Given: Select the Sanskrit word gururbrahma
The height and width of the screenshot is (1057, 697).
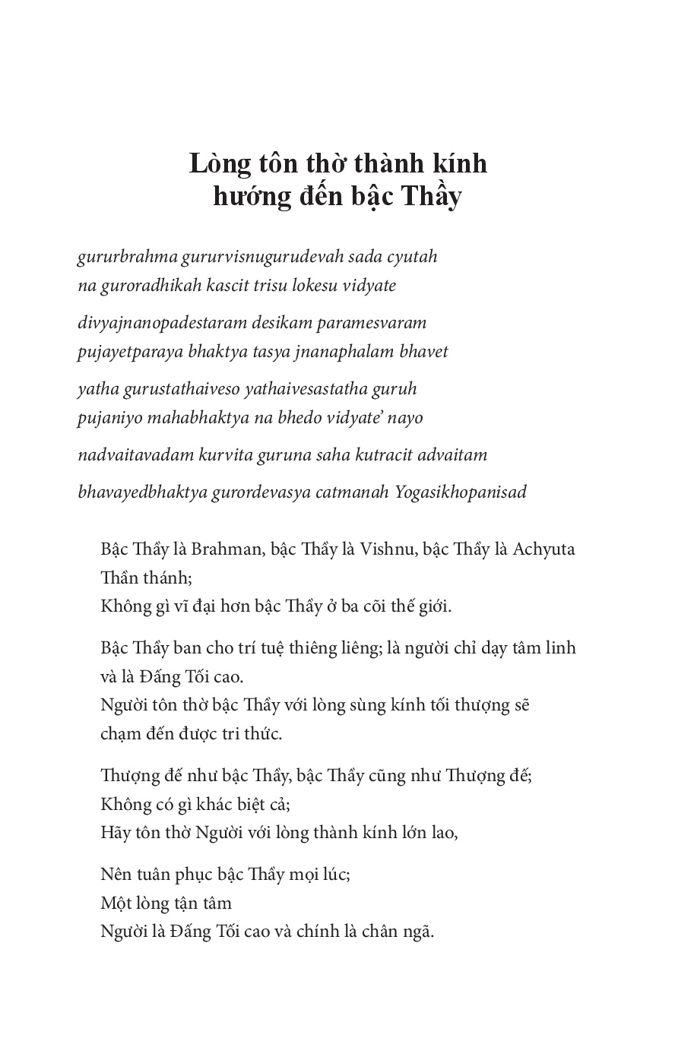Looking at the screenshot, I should click(x=127, y=257).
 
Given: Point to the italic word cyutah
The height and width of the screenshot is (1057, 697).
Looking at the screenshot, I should click(x=413, y=257).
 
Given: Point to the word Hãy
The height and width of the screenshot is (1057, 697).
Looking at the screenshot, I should click(x=113, y=832).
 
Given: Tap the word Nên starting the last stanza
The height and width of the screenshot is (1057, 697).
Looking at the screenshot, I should click(x=116, y=875).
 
